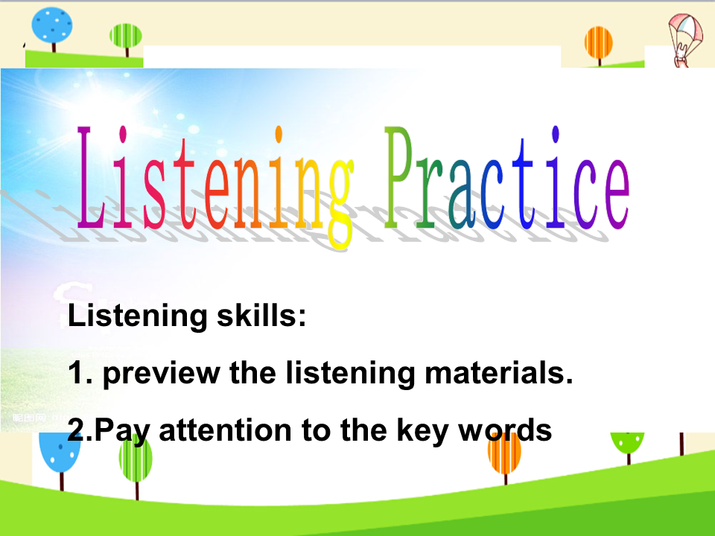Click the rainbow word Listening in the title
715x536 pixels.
coord(215,187)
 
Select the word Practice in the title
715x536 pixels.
coord(507,178)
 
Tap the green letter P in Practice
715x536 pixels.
coord(398,177)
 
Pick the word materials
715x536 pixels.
coord(499,372)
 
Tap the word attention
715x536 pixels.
coord(225,430)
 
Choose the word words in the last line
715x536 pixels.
coord(505,430)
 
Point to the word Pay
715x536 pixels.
coord(121,431)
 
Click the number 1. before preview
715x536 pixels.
coord(80,372)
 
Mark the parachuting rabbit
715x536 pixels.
coord(685,40)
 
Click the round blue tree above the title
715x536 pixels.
coord(52,28)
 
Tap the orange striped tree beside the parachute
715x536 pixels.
coord(598,45)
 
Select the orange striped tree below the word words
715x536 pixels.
coord(504,456)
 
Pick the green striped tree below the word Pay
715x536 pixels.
coord(136,462)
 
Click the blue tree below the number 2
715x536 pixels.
coord(60,458)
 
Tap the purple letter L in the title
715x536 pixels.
coord(90,177)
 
